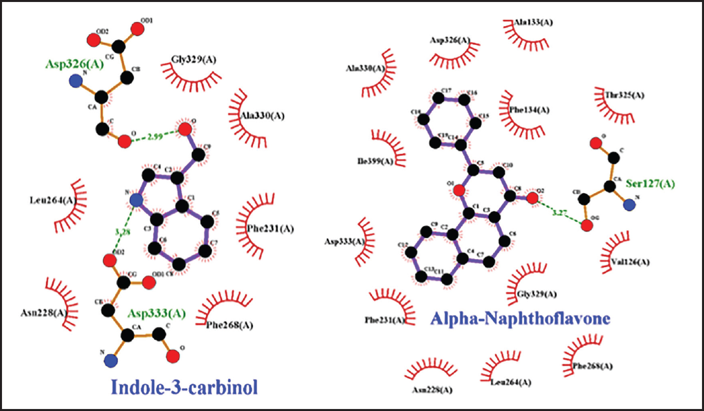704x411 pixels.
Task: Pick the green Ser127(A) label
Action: coord(649,184)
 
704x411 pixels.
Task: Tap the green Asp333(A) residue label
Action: coord(157,313)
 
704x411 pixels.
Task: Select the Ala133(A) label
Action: coord(533,22)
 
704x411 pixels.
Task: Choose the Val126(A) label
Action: coord(630,261)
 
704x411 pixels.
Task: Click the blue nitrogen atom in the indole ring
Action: coord(136,200)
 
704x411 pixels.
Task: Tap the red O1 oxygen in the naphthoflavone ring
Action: coord(457,190)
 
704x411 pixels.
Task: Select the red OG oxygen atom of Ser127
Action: coord(587,225)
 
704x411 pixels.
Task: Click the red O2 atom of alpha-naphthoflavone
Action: coord(532,199)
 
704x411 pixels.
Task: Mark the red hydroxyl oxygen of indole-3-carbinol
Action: coord(185,129)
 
